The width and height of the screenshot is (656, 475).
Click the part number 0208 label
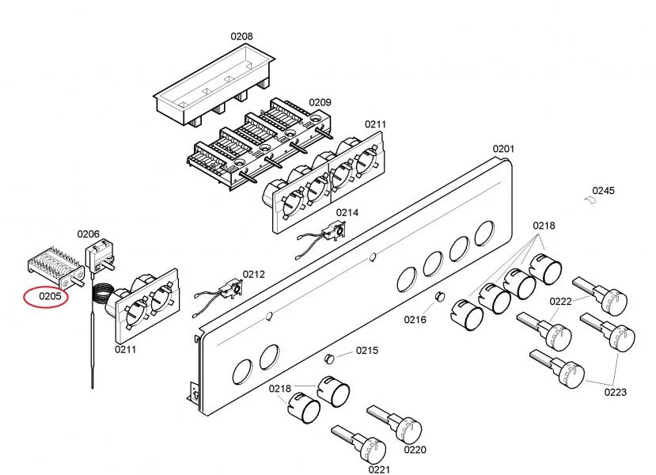(x=242, y=36)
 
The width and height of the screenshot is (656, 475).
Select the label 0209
(x=320, y=103)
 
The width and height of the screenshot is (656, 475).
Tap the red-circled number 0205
(x=50, y=296)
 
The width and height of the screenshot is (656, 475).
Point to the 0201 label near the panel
(x=503, y=149)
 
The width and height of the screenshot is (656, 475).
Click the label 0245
(x=603, y=191)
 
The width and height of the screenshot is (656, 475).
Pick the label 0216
(x=415, y=320)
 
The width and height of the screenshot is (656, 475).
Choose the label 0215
(x=367, y=350)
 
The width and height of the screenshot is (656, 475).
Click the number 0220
(x=415, y=450)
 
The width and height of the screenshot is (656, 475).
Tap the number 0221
(x=379, y=470)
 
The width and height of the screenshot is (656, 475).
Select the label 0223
(x=616, y=392)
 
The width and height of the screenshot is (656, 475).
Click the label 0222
(x=560, y=302)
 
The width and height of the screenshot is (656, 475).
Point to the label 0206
(x=89, y=234)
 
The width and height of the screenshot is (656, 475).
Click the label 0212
(x=254, y=275)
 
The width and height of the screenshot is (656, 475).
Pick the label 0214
(x=347, y=213)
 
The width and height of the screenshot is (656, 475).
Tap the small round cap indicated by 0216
(x=439, y=296)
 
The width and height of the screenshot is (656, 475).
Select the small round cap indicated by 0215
(x=330, y=359)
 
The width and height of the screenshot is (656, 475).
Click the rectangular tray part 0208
(x=214, y=85)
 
